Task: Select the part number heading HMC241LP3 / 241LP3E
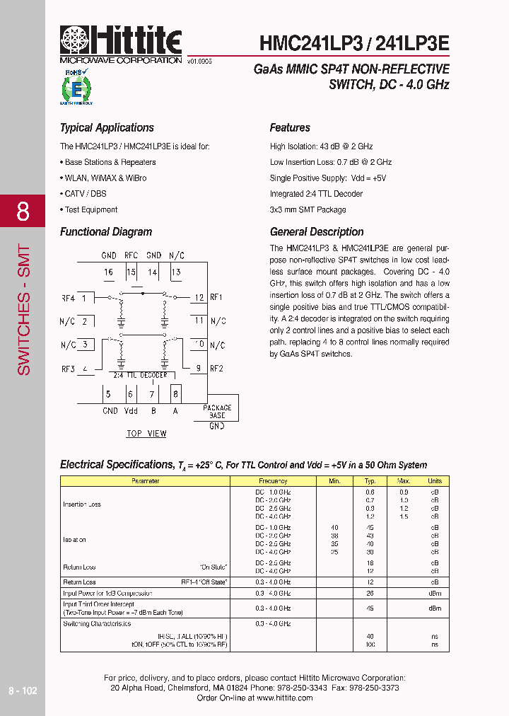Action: click(x=354, y=42)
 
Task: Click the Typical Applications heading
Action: click(x=107, y=128)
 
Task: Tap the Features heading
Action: click(x=290, y=128)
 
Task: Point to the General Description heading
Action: click(x=317, y=232)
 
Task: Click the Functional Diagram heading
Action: click(x=106, y=232)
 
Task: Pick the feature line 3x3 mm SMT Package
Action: click(x=308, y=209)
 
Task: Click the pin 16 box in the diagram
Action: click(x=109, y=272)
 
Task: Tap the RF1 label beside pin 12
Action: click(x=216, y=298)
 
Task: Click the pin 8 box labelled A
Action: click(x=175, y=394)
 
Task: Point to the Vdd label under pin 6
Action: click(x=131, y=411)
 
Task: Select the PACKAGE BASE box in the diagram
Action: click(x=217, y=412)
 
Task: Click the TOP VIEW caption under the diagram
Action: click(x=146, y=434)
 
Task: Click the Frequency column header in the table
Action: click(x=273, y=481)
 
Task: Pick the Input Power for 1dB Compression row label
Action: click(x=107, y=594)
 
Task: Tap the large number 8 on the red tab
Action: click(x=23, y=212)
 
